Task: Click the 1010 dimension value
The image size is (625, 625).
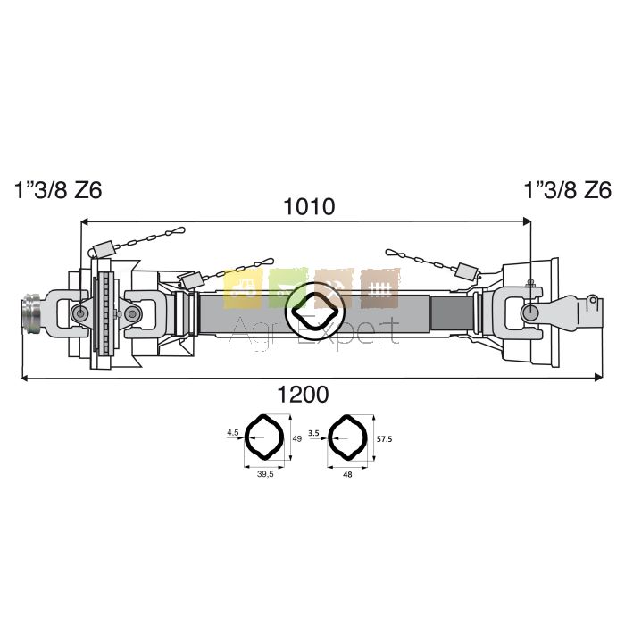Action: [309, 207]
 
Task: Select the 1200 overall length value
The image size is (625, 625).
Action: [303, 395]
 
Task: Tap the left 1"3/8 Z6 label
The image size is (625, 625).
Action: [58, 189]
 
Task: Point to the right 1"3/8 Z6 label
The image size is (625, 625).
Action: [567, 189]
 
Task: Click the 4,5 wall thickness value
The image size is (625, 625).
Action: [233, 432]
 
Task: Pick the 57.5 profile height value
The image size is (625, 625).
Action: [384, 439]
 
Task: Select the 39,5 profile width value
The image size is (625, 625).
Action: [265, 474]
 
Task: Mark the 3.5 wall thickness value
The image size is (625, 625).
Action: [314, 432]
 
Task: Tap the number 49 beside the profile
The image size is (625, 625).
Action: [297, 439]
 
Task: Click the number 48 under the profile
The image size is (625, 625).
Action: [347, 474]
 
